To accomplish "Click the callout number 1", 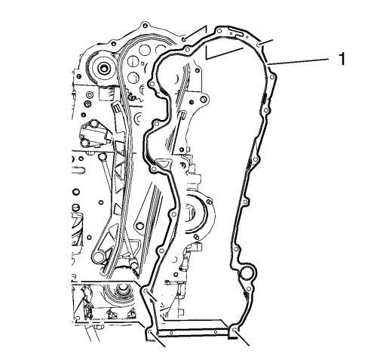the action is [342, 59].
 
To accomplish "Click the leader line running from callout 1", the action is [299, 61].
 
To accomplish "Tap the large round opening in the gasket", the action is [247, 273].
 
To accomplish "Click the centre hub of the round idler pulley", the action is [103, 67].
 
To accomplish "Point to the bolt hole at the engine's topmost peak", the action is [145, 25].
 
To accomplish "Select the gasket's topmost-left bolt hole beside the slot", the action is [219, 31].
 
